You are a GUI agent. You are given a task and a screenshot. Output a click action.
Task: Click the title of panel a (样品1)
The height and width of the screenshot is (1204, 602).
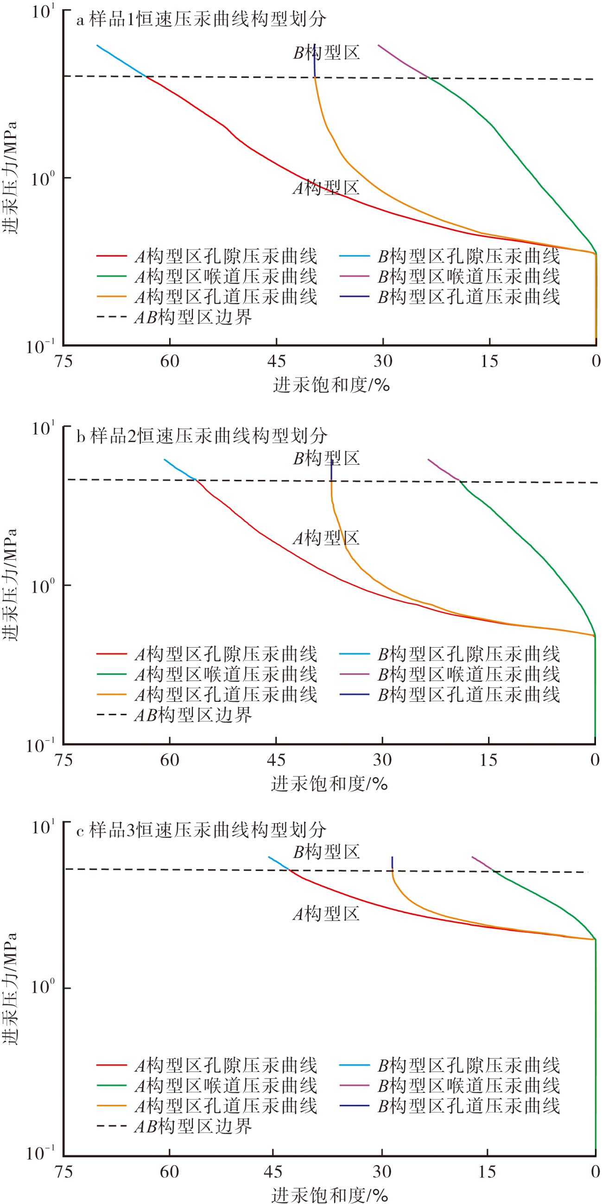click(201, 19)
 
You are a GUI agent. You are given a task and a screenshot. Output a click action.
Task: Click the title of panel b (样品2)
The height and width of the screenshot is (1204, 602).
click(202, 435)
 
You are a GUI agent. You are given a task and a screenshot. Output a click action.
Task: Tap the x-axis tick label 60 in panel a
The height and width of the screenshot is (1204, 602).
click(170, 361)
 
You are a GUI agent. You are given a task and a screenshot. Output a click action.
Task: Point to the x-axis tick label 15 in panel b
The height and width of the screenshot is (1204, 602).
click(488, 760)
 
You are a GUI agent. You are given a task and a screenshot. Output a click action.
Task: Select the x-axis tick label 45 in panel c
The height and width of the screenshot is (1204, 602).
click(273, 1172)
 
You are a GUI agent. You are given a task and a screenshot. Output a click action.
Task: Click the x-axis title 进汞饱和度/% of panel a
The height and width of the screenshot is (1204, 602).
click(331, 385)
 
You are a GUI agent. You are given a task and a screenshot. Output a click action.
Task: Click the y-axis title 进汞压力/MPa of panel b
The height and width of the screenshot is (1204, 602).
click(10, 584)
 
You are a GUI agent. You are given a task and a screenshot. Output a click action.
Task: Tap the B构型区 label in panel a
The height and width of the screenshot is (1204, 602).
click(326, 52)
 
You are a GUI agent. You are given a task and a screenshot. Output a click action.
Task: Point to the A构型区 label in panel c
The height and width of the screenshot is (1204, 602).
click(326, 914)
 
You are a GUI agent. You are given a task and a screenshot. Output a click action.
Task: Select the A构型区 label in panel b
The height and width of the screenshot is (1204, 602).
click(326, 538)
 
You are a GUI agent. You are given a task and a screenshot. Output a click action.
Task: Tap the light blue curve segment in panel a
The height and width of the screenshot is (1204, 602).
click(120, 60)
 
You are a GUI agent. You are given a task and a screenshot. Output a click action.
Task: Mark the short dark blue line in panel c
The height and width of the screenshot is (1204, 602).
click(392, 862)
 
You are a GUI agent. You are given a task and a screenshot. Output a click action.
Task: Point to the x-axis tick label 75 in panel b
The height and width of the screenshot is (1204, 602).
click(63, 760)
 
